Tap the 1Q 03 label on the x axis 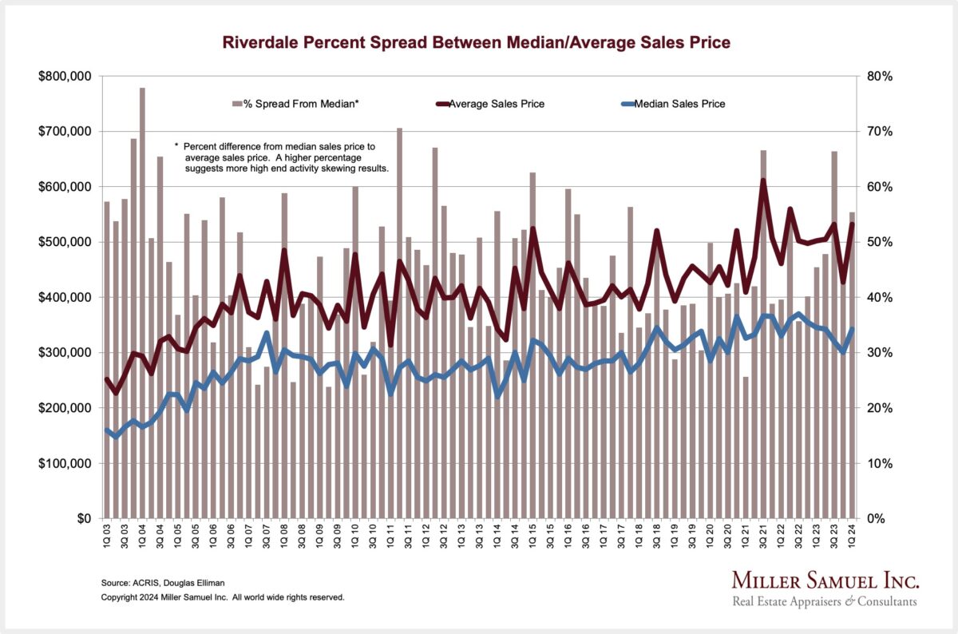coord(107,534)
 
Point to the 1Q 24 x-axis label coord(853,534)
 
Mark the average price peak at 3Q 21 coord(763,181)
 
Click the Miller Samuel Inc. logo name coord(825,580)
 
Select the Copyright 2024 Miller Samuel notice coord(223,597)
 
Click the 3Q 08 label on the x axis coord(302,534)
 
